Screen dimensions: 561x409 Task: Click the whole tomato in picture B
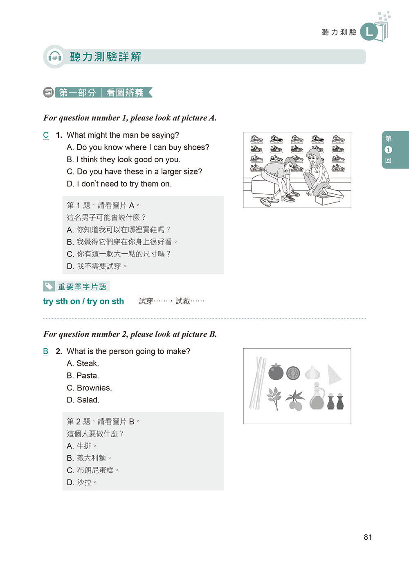point(276,372)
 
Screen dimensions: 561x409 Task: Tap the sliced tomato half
point(293,373)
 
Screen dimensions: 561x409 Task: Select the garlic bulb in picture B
point(312,372)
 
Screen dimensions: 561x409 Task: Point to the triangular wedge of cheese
point(333,374)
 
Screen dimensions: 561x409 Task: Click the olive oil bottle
point(317,397)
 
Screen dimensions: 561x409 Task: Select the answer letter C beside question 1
point(46,135)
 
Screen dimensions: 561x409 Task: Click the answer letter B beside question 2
point(46,351)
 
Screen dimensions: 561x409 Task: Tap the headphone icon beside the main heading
point(54,57)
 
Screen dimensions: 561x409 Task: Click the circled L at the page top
point(369,32)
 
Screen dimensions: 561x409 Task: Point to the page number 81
point(368,537)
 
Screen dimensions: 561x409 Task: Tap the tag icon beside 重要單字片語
point(49,286)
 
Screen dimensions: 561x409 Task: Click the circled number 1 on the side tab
point(388,150)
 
